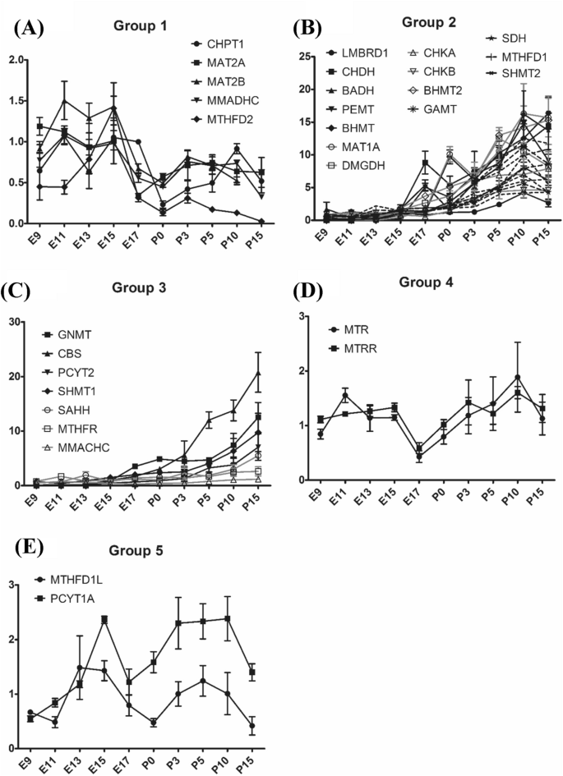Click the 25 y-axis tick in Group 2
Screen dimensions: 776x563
pos(303,56)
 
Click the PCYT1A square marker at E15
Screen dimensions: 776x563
pos(104,619)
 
